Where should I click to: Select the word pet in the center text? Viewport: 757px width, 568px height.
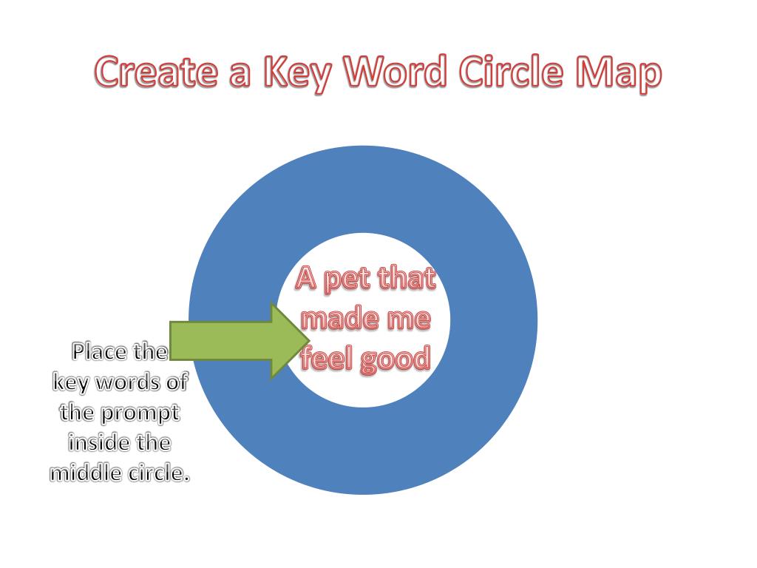click(348, 281)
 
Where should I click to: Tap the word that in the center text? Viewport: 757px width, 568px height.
click(406, 280)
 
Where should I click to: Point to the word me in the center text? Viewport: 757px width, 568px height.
click(408, 320)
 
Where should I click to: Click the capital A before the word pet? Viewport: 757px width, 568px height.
click(307, 280)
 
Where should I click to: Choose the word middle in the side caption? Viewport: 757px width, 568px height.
click(84, 473)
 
